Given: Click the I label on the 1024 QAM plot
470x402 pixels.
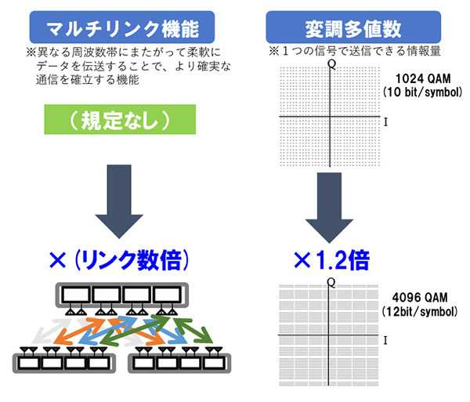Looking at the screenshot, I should pyautogui.click(x=386, y=122).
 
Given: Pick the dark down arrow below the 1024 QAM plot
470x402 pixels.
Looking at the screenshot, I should pyautogui.click(x=331, y=204).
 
